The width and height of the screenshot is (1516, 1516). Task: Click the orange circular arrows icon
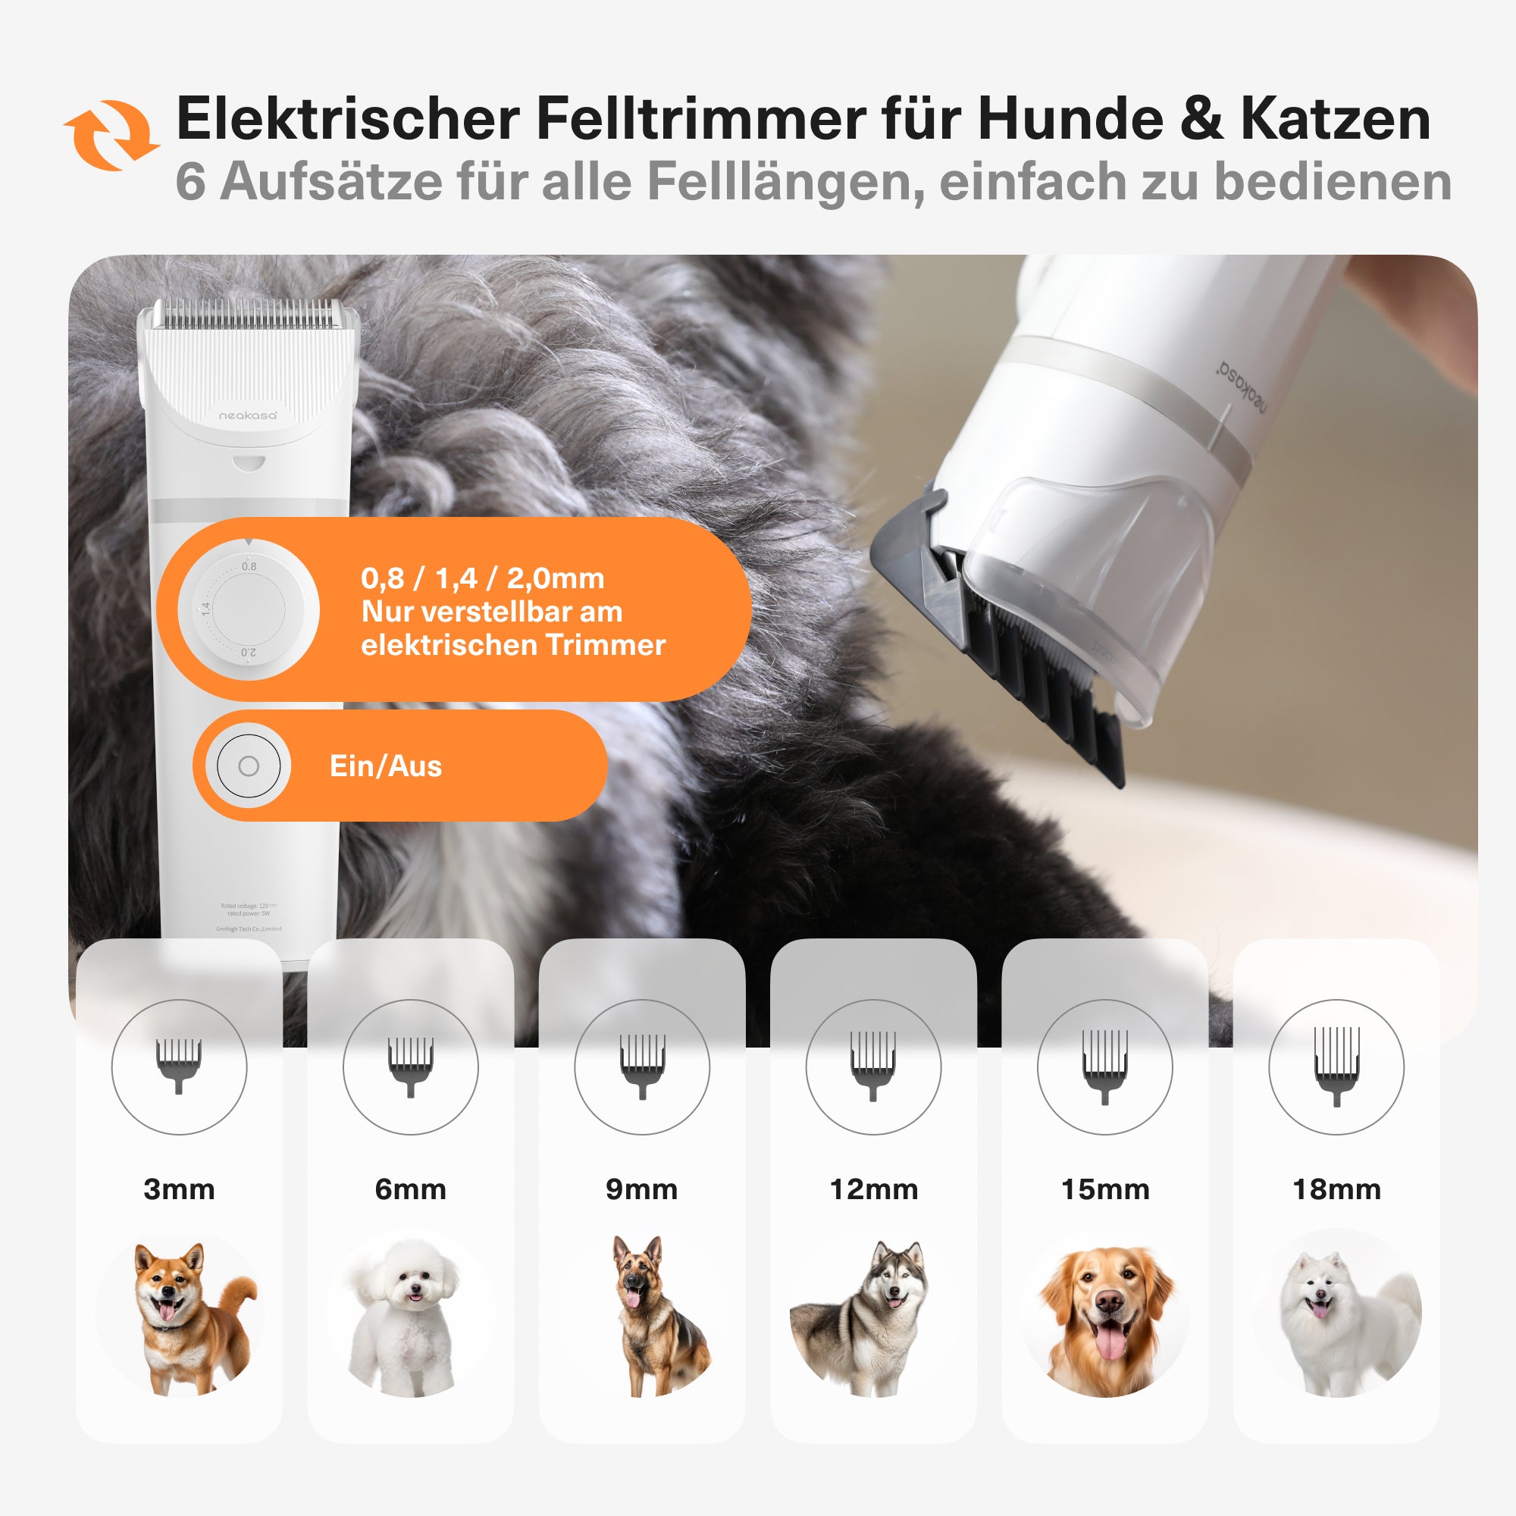click(111, 135)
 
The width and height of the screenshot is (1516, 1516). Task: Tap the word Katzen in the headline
click(1336, 119)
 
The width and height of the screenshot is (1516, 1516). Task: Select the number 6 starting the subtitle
click(190, 181)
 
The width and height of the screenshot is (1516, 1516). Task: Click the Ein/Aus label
click(385, 766)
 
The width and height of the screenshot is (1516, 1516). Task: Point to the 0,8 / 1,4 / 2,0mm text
click(483, 578)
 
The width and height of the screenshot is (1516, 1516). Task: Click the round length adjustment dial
click(249, 609)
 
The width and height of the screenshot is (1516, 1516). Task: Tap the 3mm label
click(179, 1189)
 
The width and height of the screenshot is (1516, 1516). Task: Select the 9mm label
click(641, 1189)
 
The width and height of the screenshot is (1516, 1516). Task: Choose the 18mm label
click(1336, 1189)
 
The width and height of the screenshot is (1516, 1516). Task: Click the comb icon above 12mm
click(872, 1066)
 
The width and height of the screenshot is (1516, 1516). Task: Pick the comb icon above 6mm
click(410, 1066)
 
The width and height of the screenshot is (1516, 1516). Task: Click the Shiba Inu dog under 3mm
click(188, 1318)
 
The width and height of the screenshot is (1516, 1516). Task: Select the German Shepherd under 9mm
click(655, 1318)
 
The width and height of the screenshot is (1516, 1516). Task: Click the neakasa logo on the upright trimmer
click(247, 415)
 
